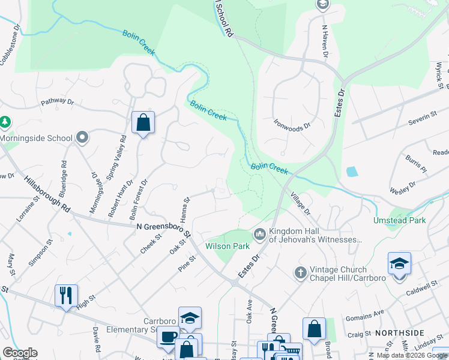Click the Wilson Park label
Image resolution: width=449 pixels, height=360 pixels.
[x=227, y=246]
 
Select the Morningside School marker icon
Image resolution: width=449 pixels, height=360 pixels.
[x=82, y=138]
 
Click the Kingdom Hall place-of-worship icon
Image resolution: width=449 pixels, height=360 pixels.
[x=260, y=233]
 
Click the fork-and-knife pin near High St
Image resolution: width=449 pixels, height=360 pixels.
[x=66, y=295]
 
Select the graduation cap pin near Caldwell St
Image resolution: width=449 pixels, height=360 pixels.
[x=399, y=263]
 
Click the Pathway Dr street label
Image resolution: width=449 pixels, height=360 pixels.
[x=57, y=102]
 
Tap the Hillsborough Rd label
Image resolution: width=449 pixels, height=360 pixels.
[x=47, y=193]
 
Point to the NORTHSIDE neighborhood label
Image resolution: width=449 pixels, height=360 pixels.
[x=399, y=332]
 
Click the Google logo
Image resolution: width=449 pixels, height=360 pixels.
[x=20, y=353]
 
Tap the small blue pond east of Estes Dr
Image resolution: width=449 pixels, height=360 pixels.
[x=352, y=172]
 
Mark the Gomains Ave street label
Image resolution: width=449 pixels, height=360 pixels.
[x=370, y=314]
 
